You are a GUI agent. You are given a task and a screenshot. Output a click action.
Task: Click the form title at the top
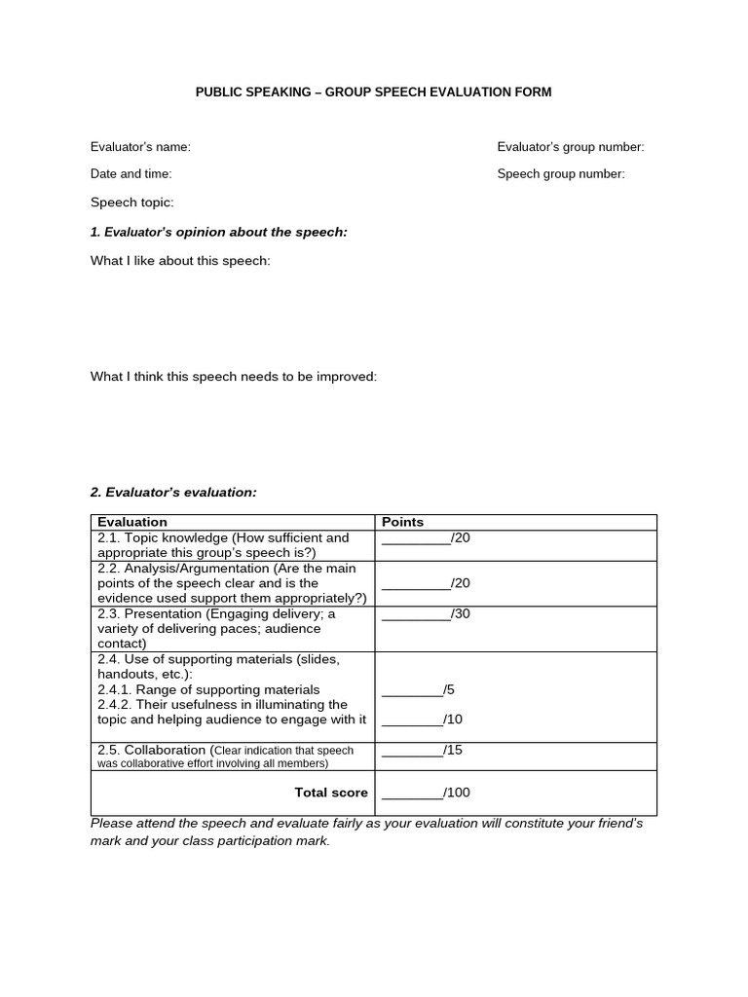coord(374,92)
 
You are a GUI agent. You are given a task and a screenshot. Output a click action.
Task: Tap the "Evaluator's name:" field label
coord(140,147)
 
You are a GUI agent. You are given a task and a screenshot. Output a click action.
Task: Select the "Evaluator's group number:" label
coord(571,147)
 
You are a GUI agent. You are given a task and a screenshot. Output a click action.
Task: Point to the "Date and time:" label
coord(131,174)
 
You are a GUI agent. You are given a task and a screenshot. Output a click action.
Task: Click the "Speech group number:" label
coord(561,174)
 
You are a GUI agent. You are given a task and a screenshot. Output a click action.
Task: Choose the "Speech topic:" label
coord(132,203)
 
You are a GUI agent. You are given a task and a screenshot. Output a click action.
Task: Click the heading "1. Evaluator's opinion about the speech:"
coord(219,232)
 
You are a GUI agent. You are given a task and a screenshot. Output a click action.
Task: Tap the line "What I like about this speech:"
coord(180,261)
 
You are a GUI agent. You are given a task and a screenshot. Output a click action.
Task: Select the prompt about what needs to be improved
coord(234,377)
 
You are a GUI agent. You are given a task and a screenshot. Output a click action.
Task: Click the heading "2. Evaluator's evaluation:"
coord(173,493)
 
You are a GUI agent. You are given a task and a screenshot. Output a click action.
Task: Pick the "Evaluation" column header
coord(132,522)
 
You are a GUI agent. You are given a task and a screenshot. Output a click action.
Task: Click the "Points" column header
coord(402,522)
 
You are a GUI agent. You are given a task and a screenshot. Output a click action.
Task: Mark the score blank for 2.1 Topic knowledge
coord(417,537)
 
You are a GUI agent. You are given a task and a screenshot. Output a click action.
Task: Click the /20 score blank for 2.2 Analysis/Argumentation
coord(417,583)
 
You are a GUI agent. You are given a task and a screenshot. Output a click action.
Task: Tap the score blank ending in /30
coord(417,614)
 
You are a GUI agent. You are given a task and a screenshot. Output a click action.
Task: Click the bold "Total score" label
coord(331,793)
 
